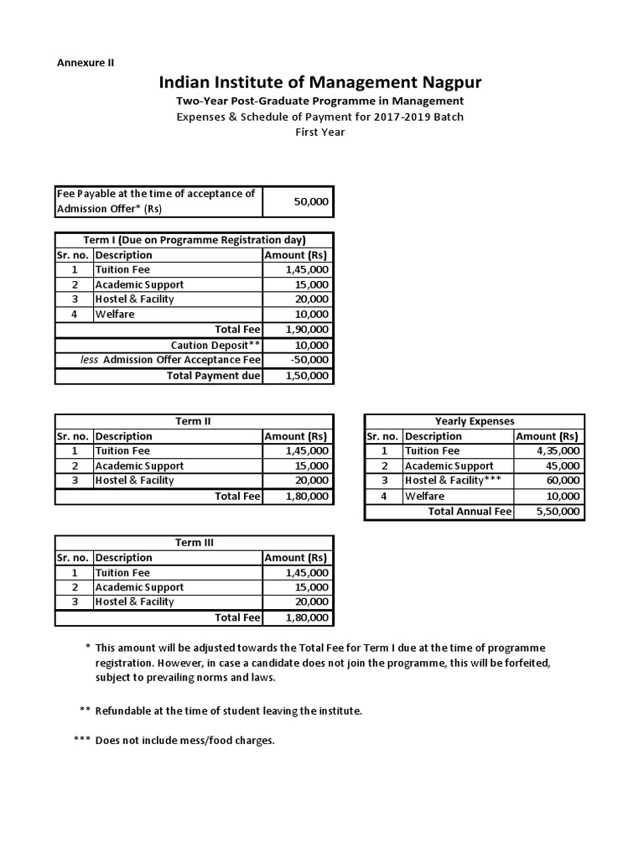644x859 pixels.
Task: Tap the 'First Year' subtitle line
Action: click(319, 132)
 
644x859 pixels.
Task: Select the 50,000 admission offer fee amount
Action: click(311, 201)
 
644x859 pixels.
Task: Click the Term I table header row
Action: click(194, 240)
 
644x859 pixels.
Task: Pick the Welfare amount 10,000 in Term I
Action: click(311, 315)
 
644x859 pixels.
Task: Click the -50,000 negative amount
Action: click(309, 360)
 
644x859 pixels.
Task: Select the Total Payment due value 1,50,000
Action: click(308, 376)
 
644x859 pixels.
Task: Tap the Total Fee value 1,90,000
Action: click(308, 330)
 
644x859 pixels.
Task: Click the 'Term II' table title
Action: click(194, 421)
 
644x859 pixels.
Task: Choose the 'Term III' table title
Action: click(194, 543)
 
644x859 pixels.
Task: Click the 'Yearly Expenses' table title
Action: click(475, 421)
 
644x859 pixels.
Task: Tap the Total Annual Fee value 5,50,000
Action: click(558, 511)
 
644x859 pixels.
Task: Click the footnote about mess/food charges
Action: click(184, 741)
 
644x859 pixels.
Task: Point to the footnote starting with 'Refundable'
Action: click(228, 711)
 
